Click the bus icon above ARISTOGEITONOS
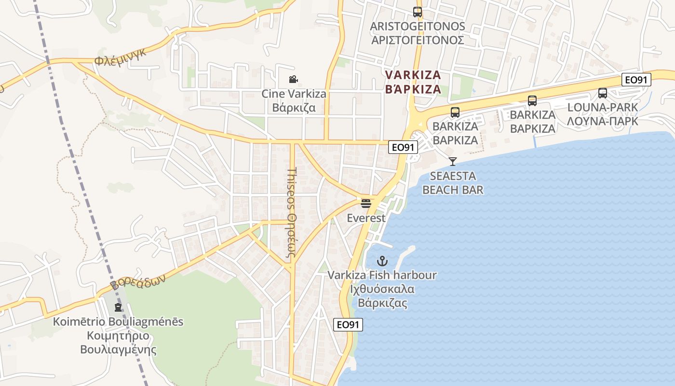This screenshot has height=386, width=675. click(418, 12)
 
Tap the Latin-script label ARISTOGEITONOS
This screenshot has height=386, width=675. click(418, 26)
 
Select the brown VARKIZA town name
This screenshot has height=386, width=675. click(413, 75)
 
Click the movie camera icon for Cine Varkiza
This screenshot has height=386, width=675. click(293, 80)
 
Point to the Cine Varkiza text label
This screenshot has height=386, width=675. click(294, 94)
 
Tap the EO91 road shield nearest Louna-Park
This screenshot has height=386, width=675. click(636, 80)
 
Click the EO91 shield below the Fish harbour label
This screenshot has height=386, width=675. click(348, 325)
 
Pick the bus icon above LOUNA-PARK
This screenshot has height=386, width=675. click(603, 93)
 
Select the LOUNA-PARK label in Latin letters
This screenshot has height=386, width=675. click(603, 107)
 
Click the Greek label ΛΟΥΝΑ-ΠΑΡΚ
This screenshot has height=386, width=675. click(603, 121)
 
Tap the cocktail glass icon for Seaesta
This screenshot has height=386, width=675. click(452, 161)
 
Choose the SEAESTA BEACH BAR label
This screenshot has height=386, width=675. click(453, 183)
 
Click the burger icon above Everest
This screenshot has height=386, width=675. click(366, 203)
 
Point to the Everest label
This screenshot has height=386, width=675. click(366, 218)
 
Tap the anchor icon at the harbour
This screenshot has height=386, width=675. click(382, 262)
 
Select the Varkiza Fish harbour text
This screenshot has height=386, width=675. click(382, 276)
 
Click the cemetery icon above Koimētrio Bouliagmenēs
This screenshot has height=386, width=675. click(118, 307)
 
